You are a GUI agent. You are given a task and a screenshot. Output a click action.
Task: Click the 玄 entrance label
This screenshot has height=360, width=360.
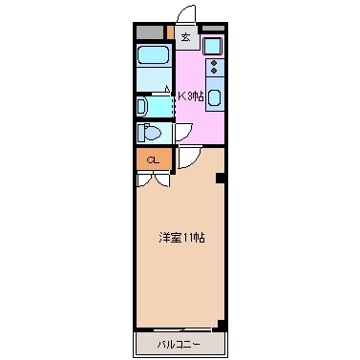pyautogui.click(x=186, y=39)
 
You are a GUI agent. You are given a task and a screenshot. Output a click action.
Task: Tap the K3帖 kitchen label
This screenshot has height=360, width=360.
pyautogui.click(x=190, y=95)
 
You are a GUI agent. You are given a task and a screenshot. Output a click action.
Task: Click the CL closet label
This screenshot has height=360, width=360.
pyautogui.click(x=153, y=159)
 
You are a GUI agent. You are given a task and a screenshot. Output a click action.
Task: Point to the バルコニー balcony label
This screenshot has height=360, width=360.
pyautogui.click(x=180, y=342)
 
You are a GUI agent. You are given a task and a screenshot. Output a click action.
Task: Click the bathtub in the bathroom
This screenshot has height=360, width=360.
pyautogui.click(x=153, y=69)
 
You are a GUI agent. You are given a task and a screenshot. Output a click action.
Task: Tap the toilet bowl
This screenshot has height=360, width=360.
pyautogui.click(x=151, y=133)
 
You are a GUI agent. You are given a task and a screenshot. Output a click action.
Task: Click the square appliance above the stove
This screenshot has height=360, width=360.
pyautogui.click(x=212, y=45)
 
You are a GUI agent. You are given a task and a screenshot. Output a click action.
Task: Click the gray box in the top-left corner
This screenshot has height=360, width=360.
pyautogui.click(x=149, y=32)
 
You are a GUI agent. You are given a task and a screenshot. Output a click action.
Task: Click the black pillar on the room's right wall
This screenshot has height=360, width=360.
pyautogui.click(x=221, y=178)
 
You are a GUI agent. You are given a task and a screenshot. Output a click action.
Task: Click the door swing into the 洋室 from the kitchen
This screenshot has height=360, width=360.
pyautogui.click(x=187, y=159)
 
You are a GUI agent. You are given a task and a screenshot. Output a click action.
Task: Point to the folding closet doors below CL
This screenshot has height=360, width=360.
pyautogui.click(x=153, y=178)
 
